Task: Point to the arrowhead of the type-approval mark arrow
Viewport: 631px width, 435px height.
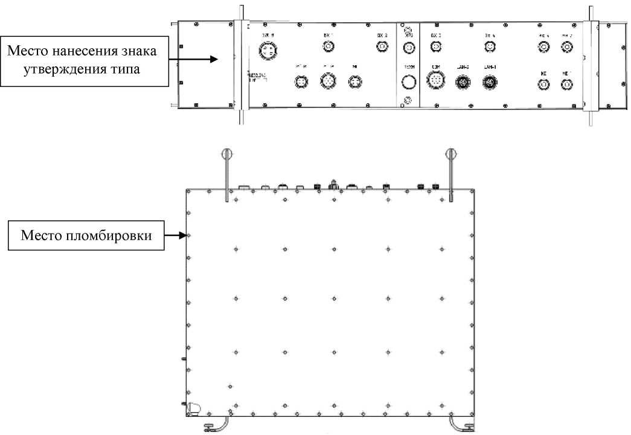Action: pos(214,59)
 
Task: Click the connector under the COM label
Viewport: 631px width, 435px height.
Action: pos(435,80)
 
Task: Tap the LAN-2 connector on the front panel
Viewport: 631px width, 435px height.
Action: pos(462,80)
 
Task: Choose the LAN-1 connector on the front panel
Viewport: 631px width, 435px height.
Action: pos(489,80)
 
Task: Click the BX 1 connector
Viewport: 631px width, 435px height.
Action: pos(328,46)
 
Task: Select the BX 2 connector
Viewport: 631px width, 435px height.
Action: pos(382,46)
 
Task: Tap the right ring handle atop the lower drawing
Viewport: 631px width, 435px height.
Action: pos(450,154)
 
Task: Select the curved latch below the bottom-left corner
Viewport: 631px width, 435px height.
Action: pos(217,425)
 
